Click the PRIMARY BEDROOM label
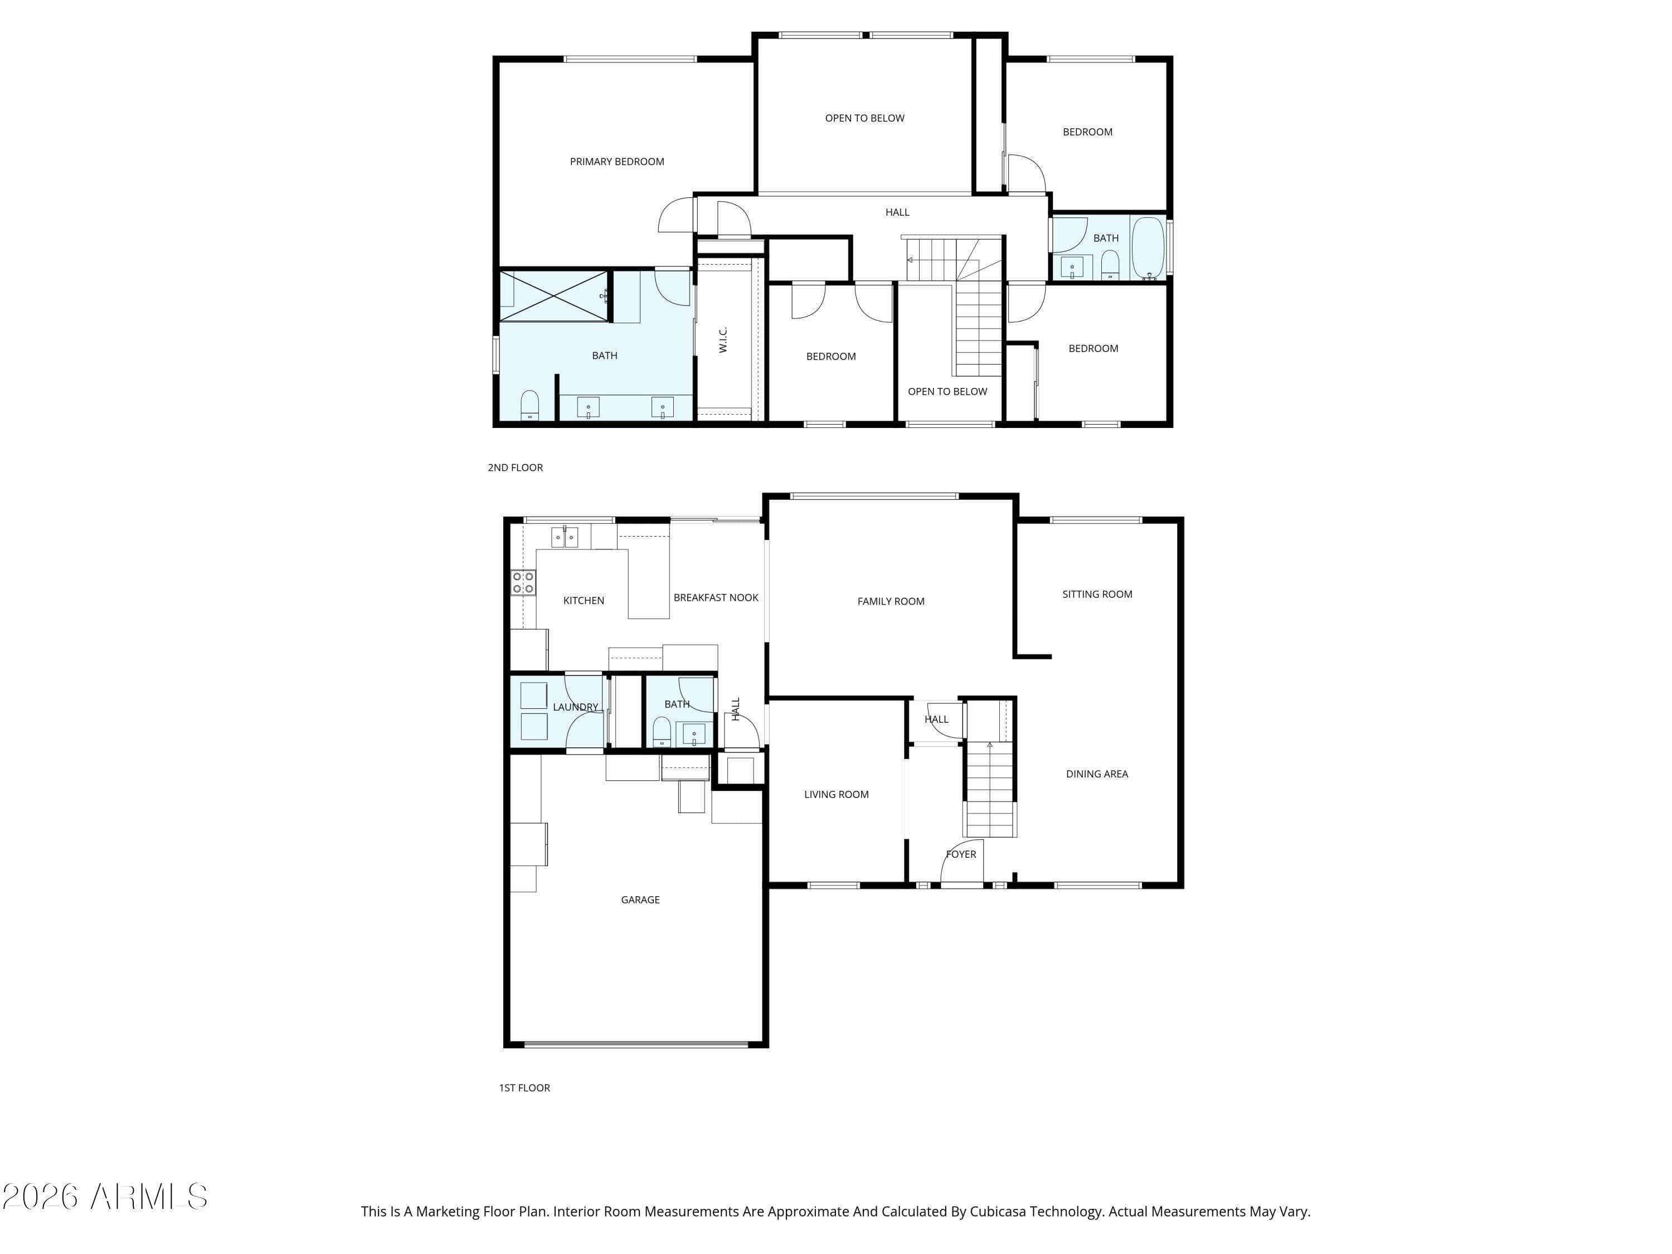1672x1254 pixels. point(617,161)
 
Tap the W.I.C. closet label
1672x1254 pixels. point(723,339)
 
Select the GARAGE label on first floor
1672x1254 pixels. point(640,900)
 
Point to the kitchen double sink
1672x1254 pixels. point(564,537)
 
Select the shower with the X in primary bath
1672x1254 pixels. point(554,295)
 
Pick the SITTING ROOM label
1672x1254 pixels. point(1097,594)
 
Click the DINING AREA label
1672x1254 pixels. point(1097,774)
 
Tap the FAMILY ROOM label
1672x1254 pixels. point(891,601)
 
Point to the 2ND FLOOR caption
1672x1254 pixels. point(516,467)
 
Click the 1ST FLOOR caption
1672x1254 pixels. point(524,1088)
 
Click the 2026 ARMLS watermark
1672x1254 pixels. point(105,1197)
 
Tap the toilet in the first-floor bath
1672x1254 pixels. point(662,732)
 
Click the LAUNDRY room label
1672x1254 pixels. point(575,707)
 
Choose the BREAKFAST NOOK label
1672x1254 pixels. point(716,597)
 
